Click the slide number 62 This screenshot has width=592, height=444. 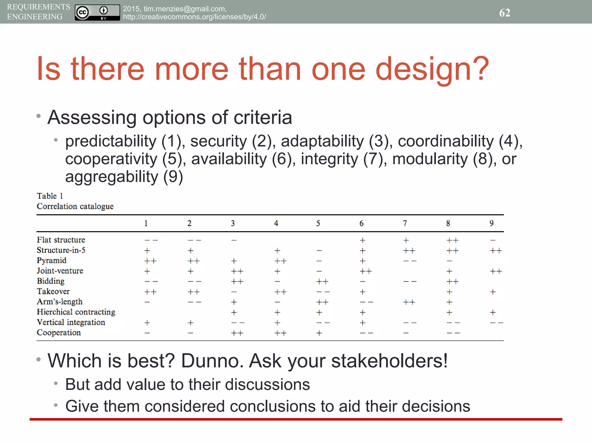click(x=505, y=13)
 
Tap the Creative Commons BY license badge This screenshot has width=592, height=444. click(x=97, y=12)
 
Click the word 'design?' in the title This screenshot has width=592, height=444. click(x=432, y=69)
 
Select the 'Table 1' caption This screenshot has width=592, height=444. click(x=50, y=196)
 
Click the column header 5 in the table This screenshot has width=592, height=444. click(x=318, y=223)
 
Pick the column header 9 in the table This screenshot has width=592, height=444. click(x=491, y=223)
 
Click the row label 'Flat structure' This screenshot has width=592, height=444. click(x=61, y=240)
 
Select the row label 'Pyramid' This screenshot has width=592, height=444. click(x=51, y=260)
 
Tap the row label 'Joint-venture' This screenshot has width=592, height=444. click(x=60, y=271)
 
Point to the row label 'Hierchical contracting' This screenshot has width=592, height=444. click(x=76, y=312)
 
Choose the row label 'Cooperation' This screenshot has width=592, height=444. click(x=59, y=333)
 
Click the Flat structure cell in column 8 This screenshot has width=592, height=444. click(x=452, y=240)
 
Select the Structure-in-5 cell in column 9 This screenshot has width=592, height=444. click(x=496, y=251)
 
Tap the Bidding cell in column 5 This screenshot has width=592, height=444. click(x=322, y=282)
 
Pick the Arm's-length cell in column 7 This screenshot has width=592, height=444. click(x=409, y=302)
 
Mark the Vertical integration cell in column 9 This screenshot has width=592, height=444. click(x=497, y=323)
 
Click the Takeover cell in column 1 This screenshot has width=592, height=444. click(x=150, y=292)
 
